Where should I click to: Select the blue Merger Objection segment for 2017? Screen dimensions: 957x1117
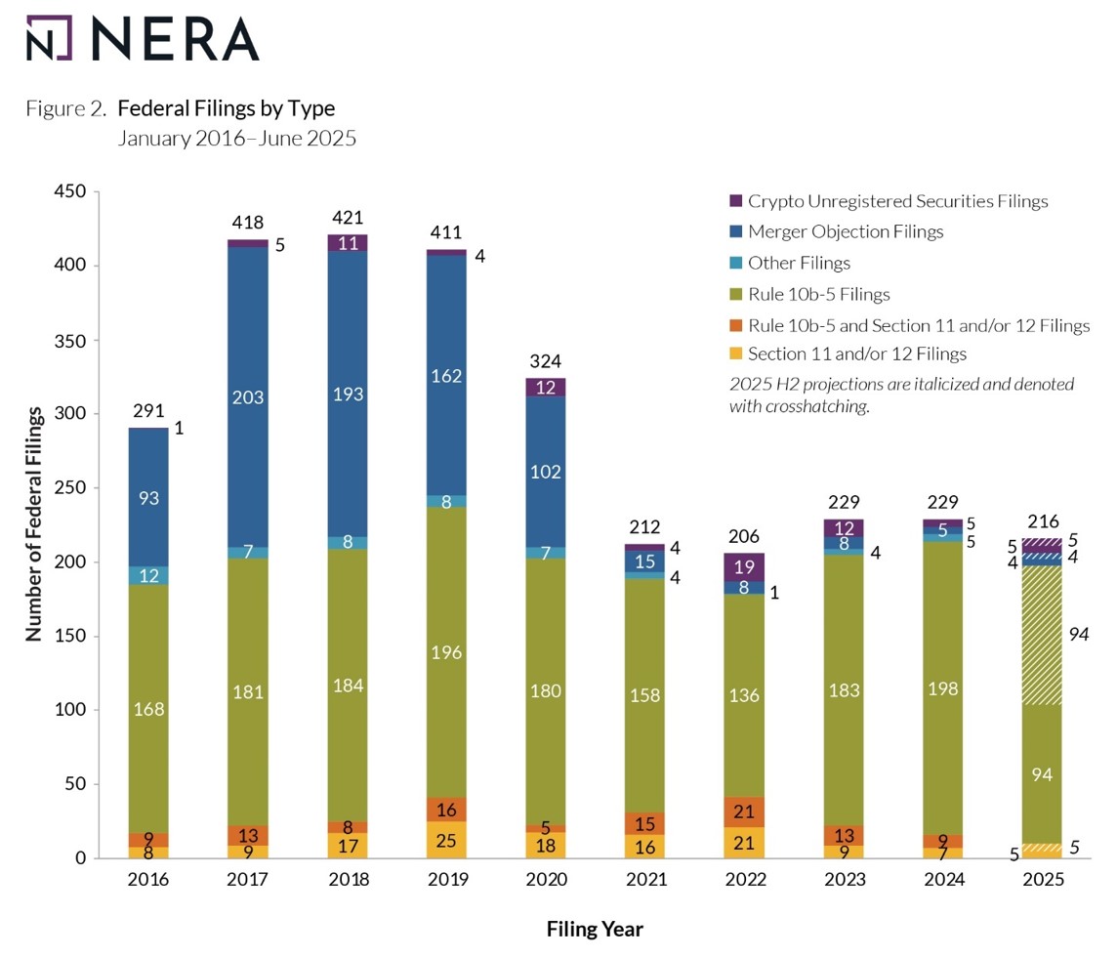coord(248,396)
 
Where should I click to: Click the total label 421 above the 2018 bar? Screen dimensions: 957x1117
coord(349,217)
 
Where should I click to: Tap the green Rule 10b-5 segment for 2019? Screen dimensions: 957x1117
coord(447,651)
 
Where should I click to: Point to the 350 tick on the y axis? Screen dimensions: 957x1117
coord(75,340)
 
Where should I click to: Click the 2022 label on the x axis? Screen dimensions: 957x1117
coord(746,880)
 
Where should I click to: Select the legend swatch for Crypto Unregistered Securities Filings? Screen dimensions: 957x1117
coord(736,201)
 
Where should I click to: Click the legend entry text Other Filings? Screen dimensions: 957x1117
coord(799,263)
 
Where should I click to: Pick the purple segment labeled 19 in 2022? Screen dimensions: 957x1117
coord(746,566)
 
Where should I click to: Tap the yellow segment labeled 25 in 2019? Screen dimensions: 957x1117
coord(447,840)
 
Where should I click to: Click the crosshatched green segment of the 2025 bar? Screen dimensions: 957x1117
coord(1042,635)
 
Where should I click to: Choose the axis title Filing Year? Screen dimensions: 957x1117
coord(595,929)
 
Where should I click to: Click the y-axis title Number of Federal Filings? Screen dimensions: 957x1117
coord(34,525)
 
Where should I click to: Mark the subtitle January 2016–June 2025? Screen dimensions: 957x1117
coord(236,138)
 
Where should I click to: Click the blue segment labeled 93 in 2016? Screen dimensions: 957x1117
coord(148,497)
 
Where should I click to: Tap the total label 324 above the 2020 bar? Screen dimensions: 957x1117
coord(547,361)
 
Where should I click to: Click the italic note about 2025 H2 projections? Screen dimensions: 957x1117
coord(900,395)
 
